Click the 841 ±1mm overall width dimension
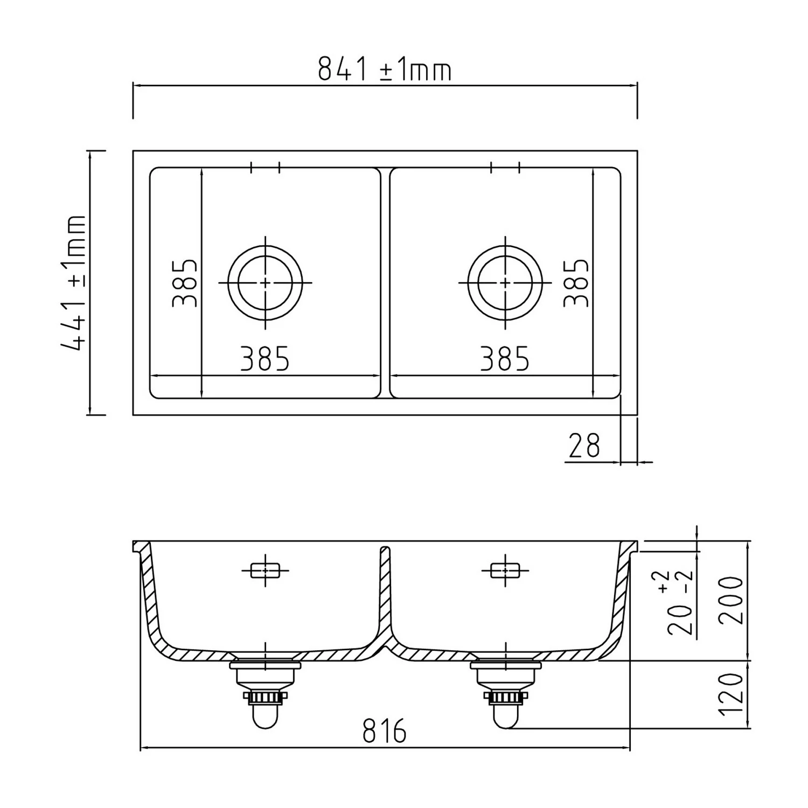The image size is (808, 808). [384, 69]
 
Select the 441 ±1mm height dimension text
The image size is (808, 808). [73, 283]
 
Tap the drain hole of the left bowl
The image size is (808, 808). [265, 282]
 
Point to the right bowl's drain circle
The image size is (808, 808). [505, 282]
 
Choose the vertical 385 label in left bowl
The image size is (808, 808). [185, 283]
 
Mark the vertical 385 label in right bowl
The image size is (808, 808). [576, 283]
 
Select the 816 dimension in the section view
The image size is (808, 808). [384, 731]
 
